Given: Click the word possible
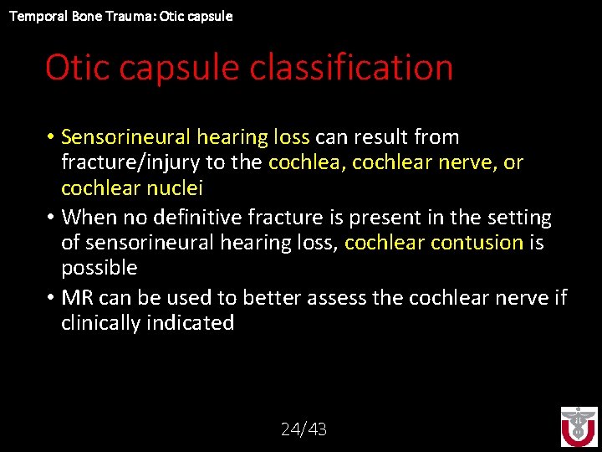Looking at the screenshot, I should [x=99, y=268].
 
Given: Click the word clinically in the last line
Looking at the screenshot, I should [x=102, y=323].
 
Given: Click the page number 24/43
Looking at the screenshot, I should [x=304, y=429].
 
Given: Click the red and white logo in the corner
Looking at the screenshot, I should [x=579, y=426].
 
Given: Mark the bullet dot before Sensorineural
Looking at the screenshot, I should [x=51, y=138].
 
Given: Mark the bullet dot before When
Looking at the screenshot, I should [x=51, y=218].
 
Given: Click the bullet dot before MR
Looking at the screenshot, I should [x=51, y=298].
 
